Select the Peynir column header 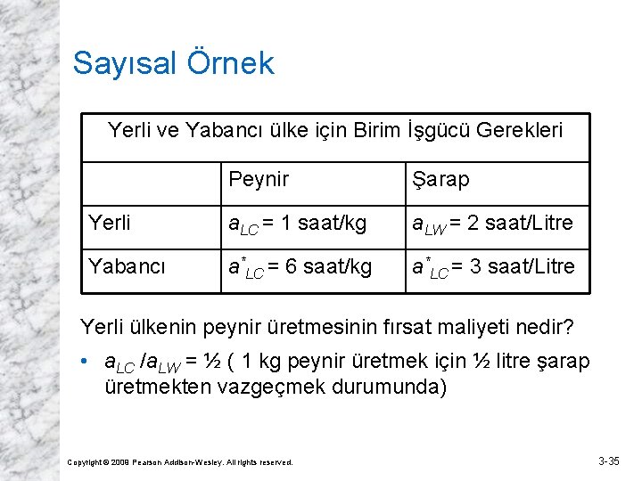click(x=259, y=180)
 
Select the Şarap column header click(x=440, y=180)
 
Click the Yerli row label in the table click(x=110, y=223)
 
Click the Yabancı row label click(x=126, y=266)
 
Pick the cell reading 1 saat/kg click(x=298, y=224)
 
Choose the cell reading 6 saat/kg click(x=300, y=267)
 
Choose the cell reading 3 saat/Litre click(x=493, y=267)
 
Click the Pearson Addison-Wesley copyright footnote click(x=181, y=462)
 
